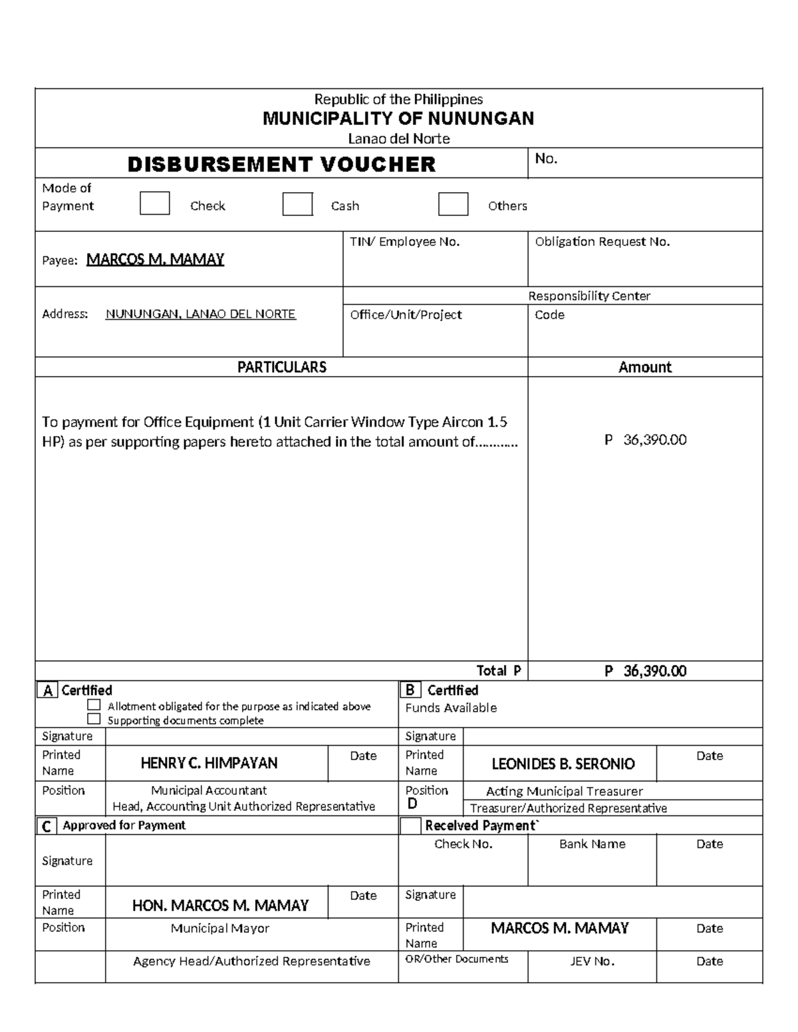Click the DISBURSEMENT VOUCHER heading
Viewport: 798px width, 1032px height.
tap(281, 164)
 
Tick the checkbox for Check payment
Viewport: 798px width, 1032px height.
tap(154, 204)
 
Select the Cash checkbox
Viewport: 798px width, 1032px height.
tap(297, 204)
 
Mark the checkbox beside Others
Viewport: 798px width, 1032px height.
tap(453, 204)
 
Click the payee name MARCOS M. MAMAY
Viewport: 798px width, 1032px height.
tap(155, 260)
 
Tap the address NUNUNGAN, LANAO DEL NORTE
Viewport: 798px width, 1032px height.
tap(200, 314)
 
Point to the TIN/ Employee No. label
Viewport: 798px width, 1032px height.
tap(404, 242)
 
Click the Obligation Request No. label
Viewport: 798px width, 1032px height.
tap(602, 242)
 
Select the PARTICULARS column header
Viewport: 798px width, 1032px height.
tap(281, 367)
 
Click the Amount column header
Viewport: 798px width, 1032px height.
tap(644, 367)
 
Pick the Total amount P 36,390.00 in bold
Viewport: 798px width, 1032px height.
tap(644, 671)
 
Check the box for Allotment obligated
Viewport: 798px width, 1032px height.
tap(94, 705)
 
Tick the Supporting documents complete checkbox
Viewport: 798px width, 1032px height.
tap(94, 719)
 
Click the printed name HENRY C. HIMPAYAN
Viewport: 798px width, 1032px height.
tap(209, 764)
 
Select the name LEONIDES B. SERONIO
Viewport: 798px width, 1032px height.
tap(563, 764)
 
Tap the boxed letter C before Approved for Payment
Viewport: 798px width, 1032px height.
tap(47, 826)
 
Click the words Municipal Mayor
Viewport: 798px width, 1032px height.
tap(219, 928)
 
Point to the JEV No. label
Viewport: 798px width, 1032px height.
tap(592, 961)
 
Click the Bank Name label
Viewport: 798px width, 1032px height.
tap(592, 844)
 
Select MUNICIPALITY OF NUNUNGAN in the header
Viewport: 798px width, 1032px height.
tap(398, 119)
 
